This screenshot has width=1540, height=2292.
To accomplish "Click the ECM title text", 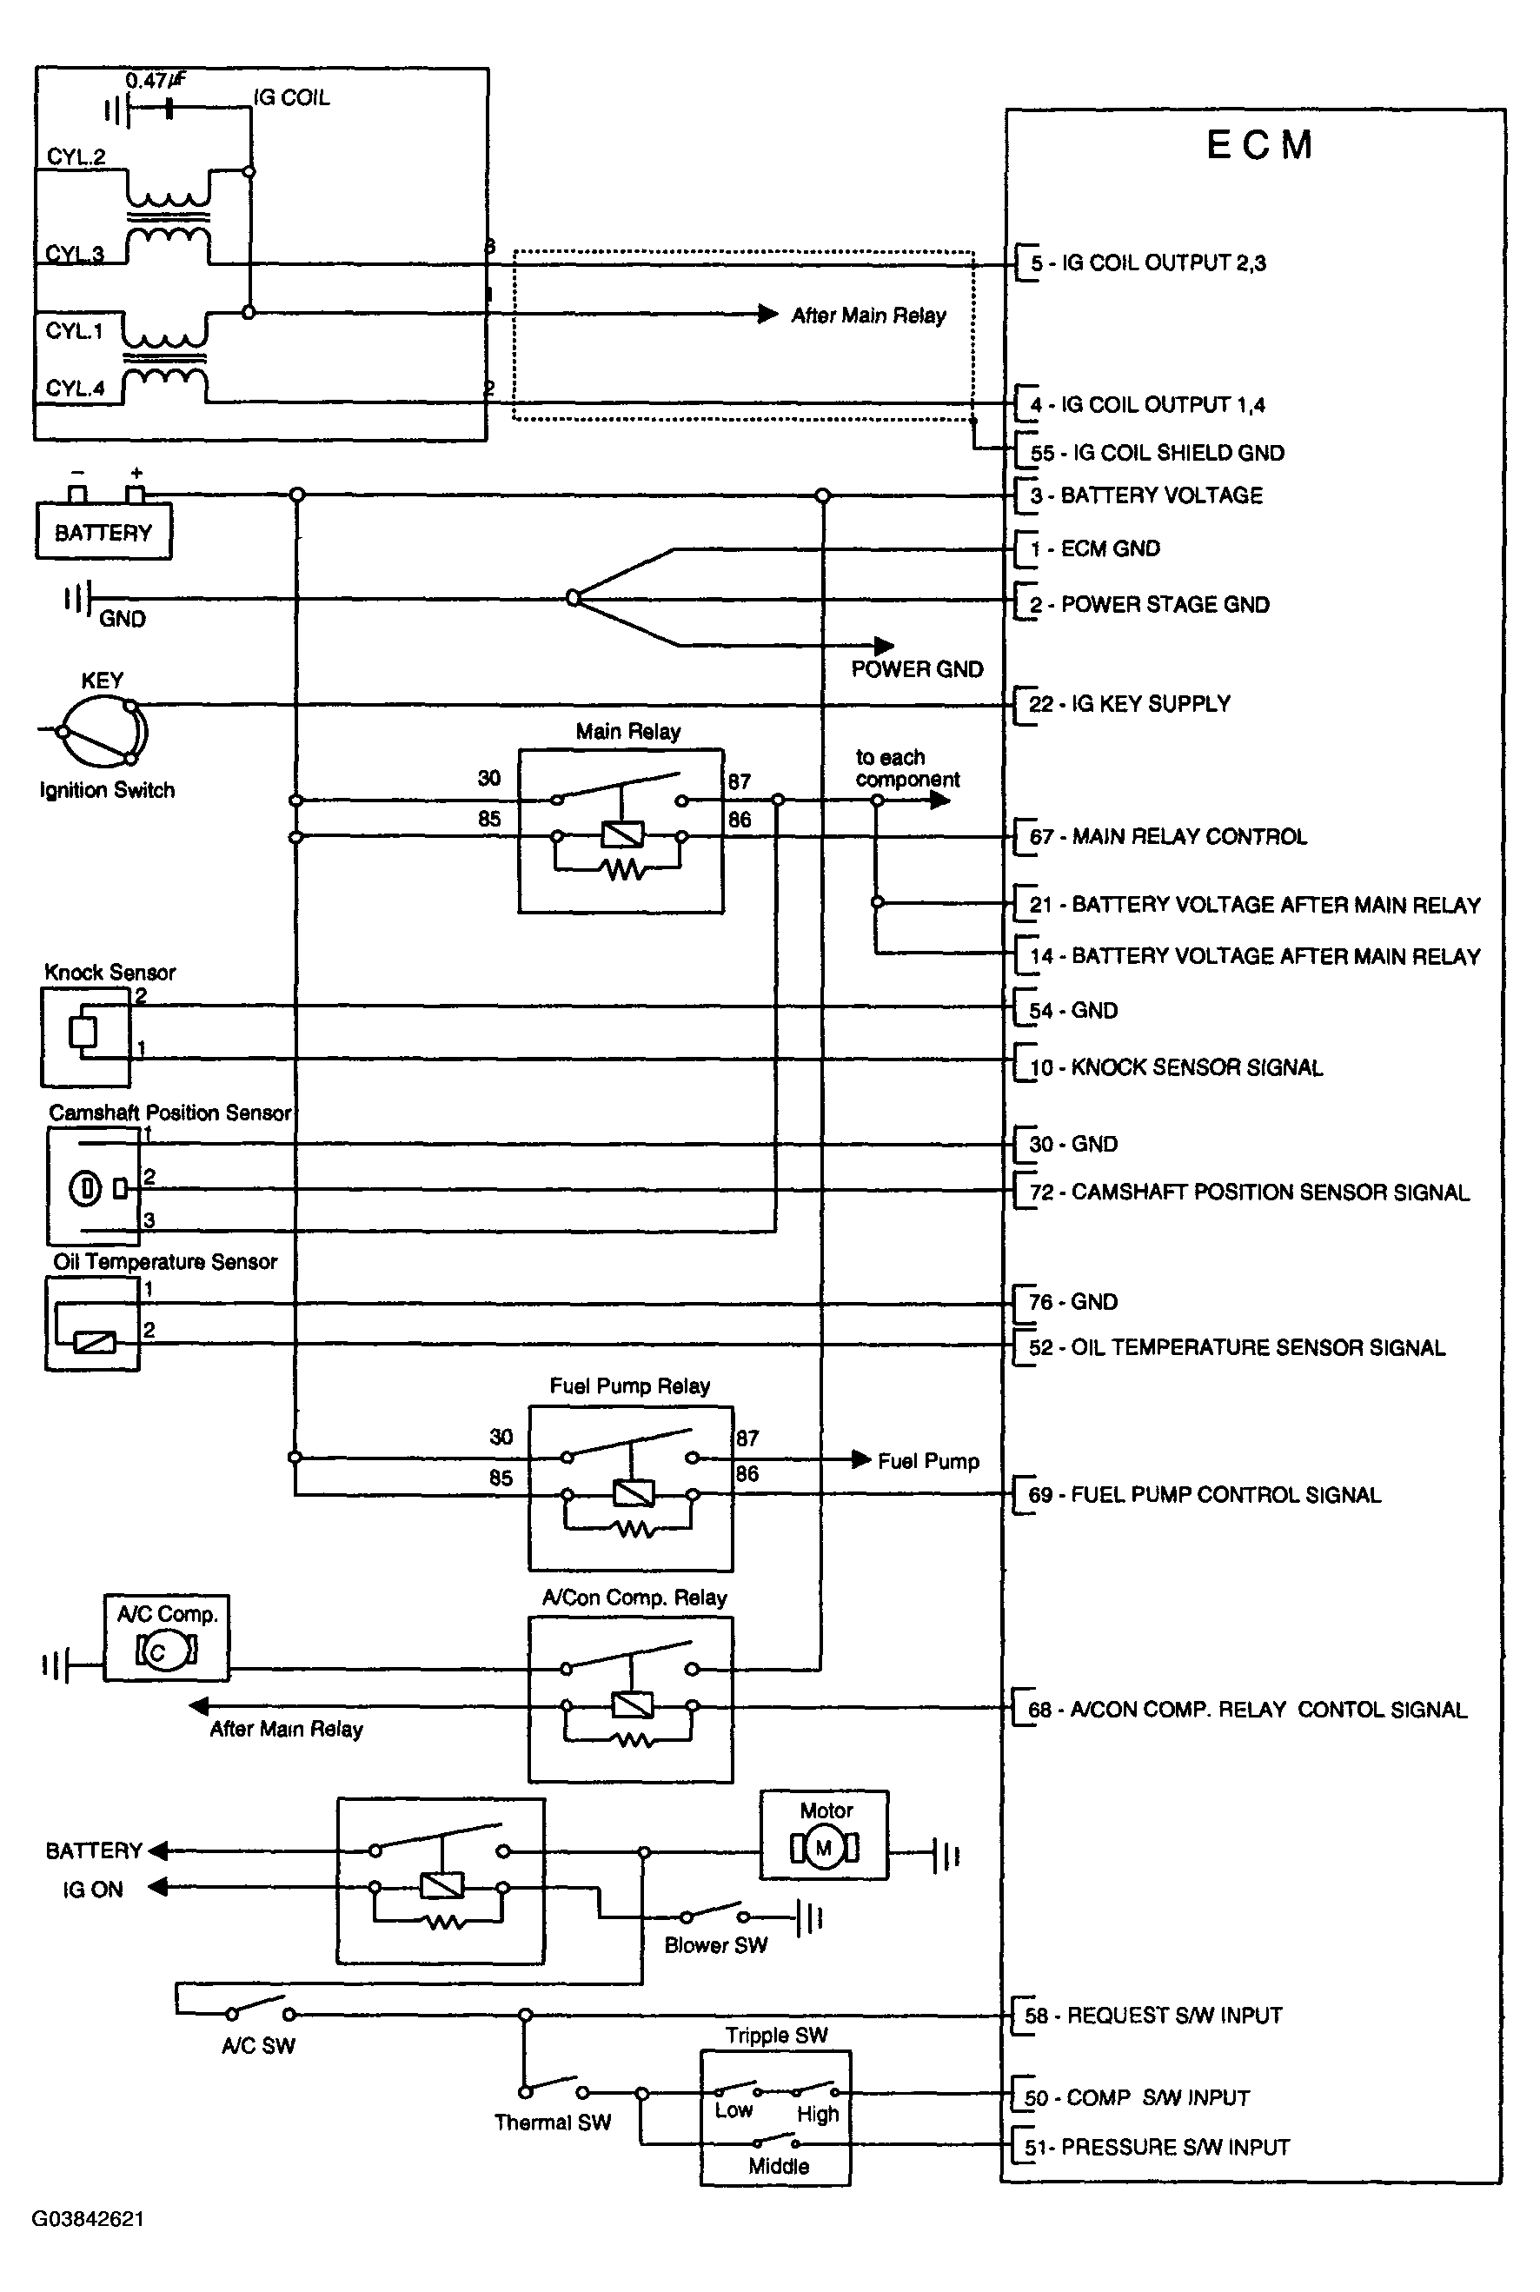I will click(1259, 145).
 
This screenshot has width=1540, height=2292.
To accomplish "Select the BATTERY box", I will click(103, 531).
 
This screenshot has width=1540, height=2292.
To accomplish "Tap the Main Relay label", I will click(627, 732).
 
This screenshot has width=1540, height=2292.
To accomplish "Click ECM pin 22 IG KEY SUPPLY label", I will click(1130, 704).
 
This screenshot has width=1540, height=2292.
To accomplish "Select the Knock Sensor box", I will click(85, 1037).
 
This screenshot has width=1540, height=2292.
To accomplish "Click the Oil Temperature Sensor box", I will click(92, 1323).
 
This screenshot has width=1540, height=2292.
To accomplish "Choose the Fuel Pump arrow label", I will click(928, 1461).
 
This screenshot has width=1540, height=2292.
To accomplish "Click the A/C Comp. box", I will click(166, 1638).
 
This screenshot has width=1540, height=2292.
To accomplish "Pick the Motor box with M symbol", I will click(824, 1836).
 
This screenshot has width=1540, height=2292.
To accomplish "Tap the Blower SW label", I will click(715, 1945).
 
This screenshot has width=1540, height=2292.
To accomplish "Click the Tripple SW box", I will click(775, 2118).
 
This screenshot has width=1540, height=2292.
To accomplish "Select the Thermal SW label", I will click(552, 2123).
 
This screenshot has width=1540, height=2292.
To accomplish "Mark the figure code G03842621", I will click(89, 2219).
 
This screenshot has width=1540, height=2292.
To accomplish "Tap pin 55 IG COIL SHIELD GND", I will click(1157, 453).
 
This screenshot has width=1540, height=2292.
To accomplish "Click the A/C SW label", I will click(258, 2045).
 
